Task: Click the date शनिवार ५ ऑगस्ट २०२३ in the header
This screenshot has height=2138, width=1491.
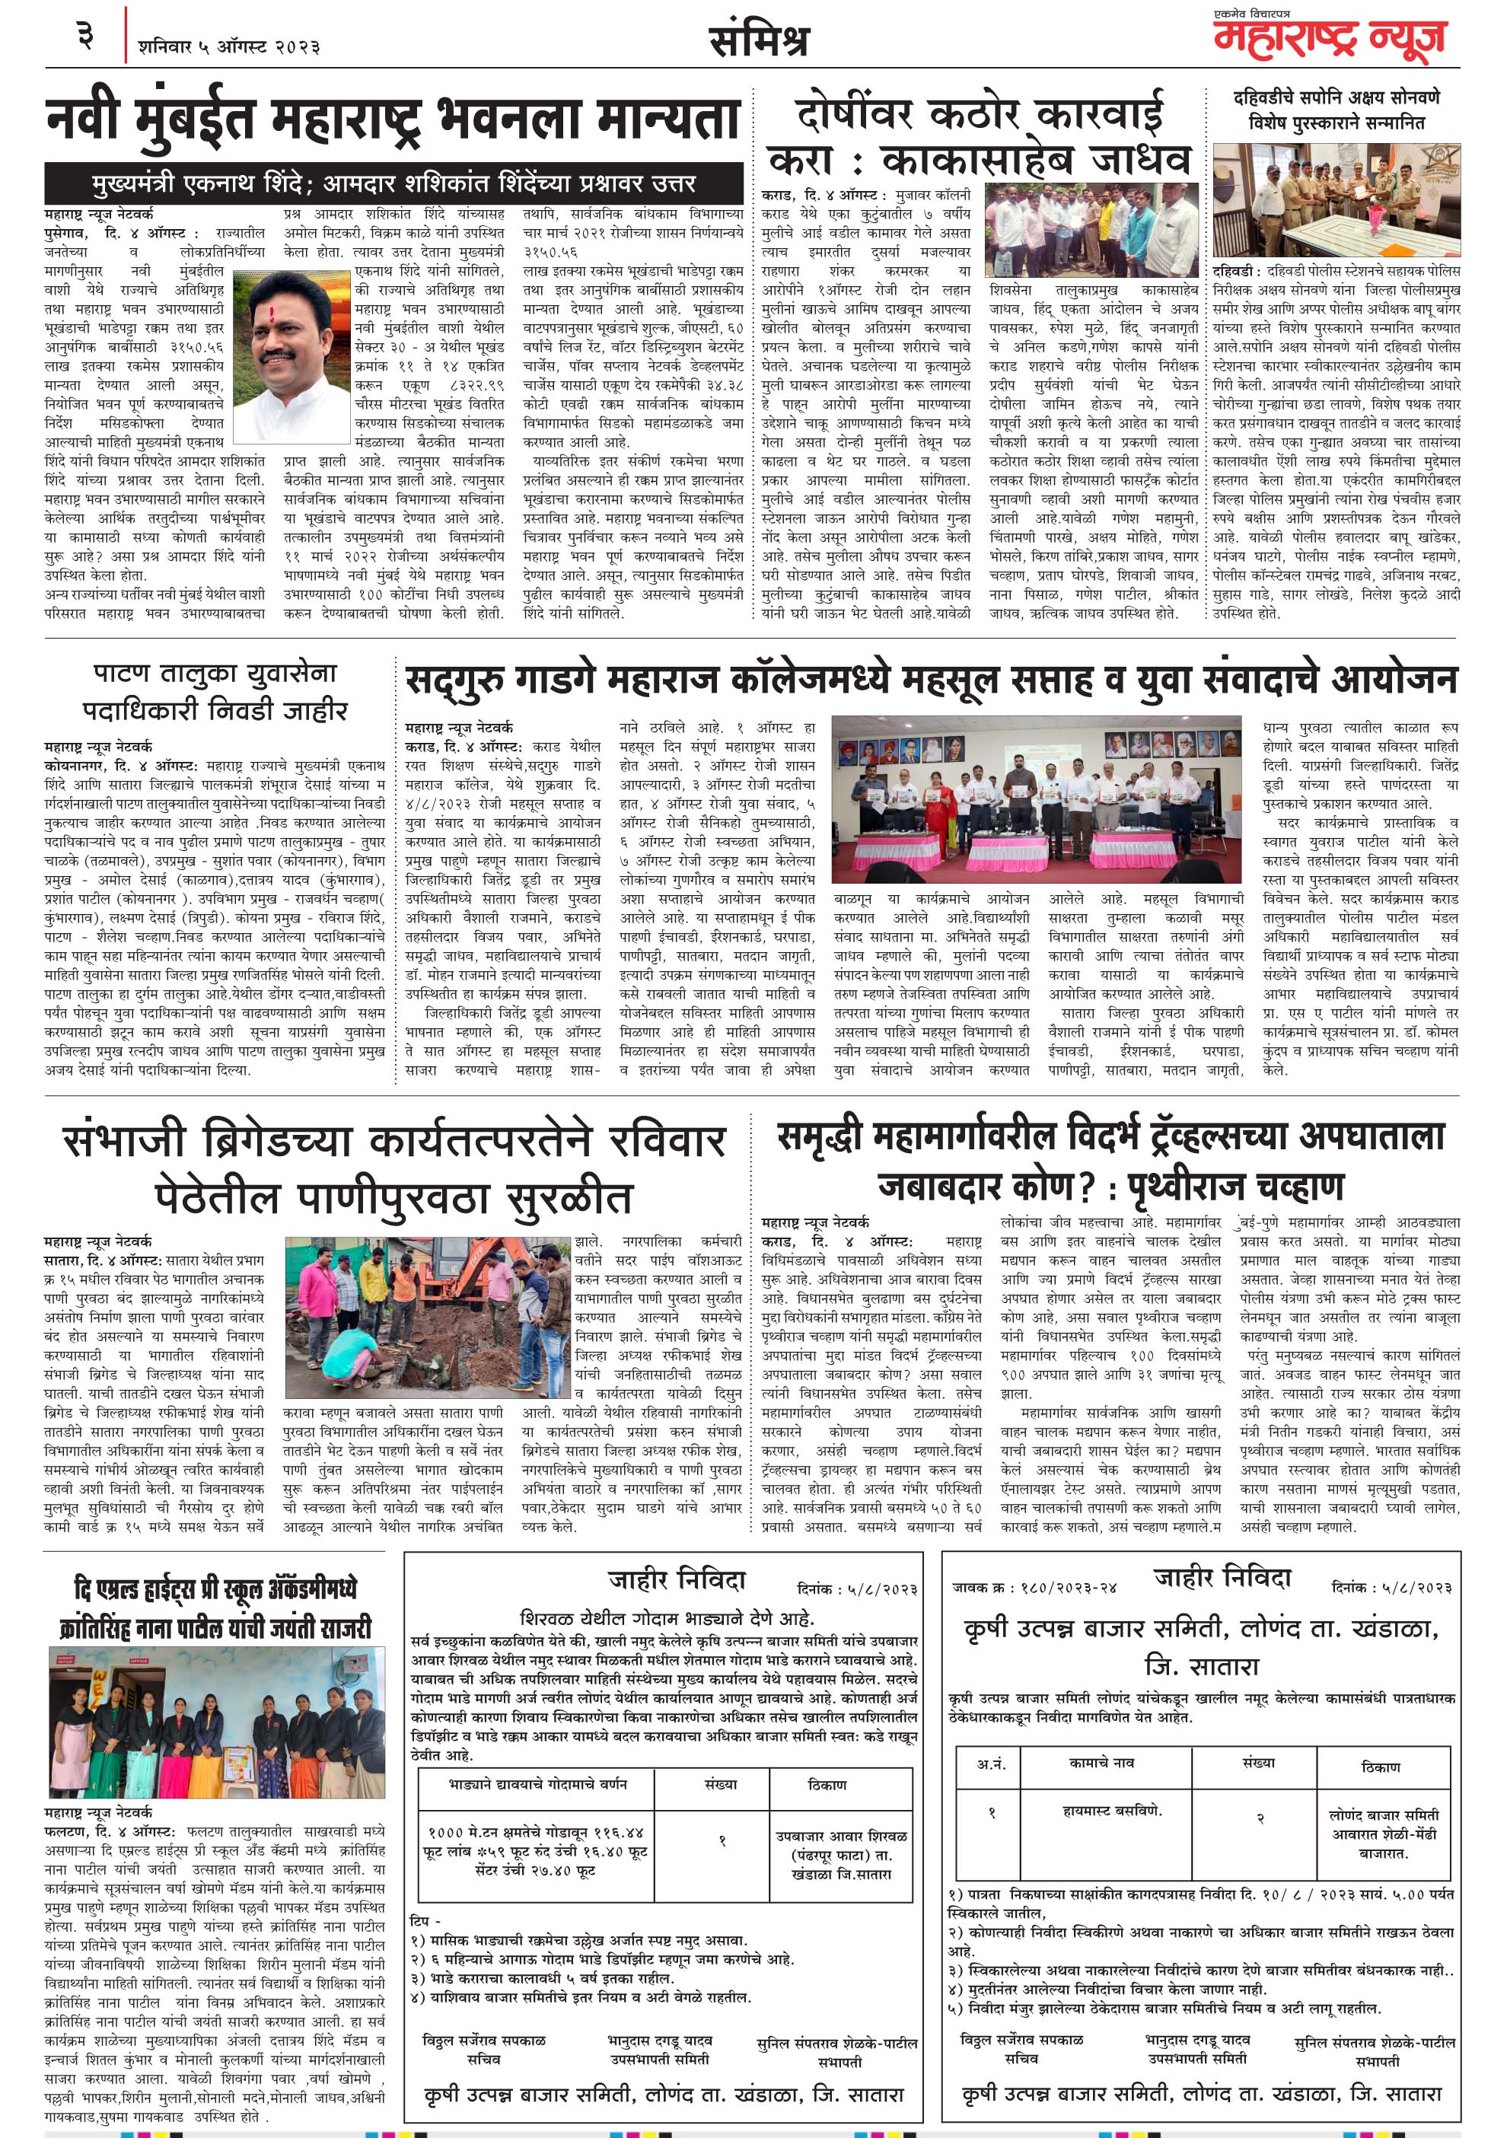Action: pos(229,46)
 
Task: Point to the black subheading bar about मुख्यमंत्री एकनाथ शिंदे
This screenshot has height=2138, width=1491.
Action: pos(393,183)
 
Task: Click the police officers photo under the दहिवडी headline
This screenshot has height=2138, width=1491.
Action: pos(1336,200)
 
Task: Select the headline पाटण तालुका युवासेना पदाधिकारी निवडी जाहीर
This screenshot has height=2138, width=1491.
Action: pos(214,691)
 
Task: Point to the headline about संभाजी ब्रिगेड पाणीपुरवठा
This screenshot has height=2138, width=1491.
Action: pos(393,1168)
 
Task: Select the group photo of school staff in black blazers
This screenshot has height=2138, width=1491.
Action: pos(216,1722)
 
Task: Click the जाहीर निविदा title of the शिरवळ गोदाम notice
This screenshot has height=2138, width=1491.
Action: pos(677,1580)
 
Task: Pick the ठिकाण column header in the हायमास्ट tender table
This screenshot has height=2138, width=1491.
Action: pos(1379,1767)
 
